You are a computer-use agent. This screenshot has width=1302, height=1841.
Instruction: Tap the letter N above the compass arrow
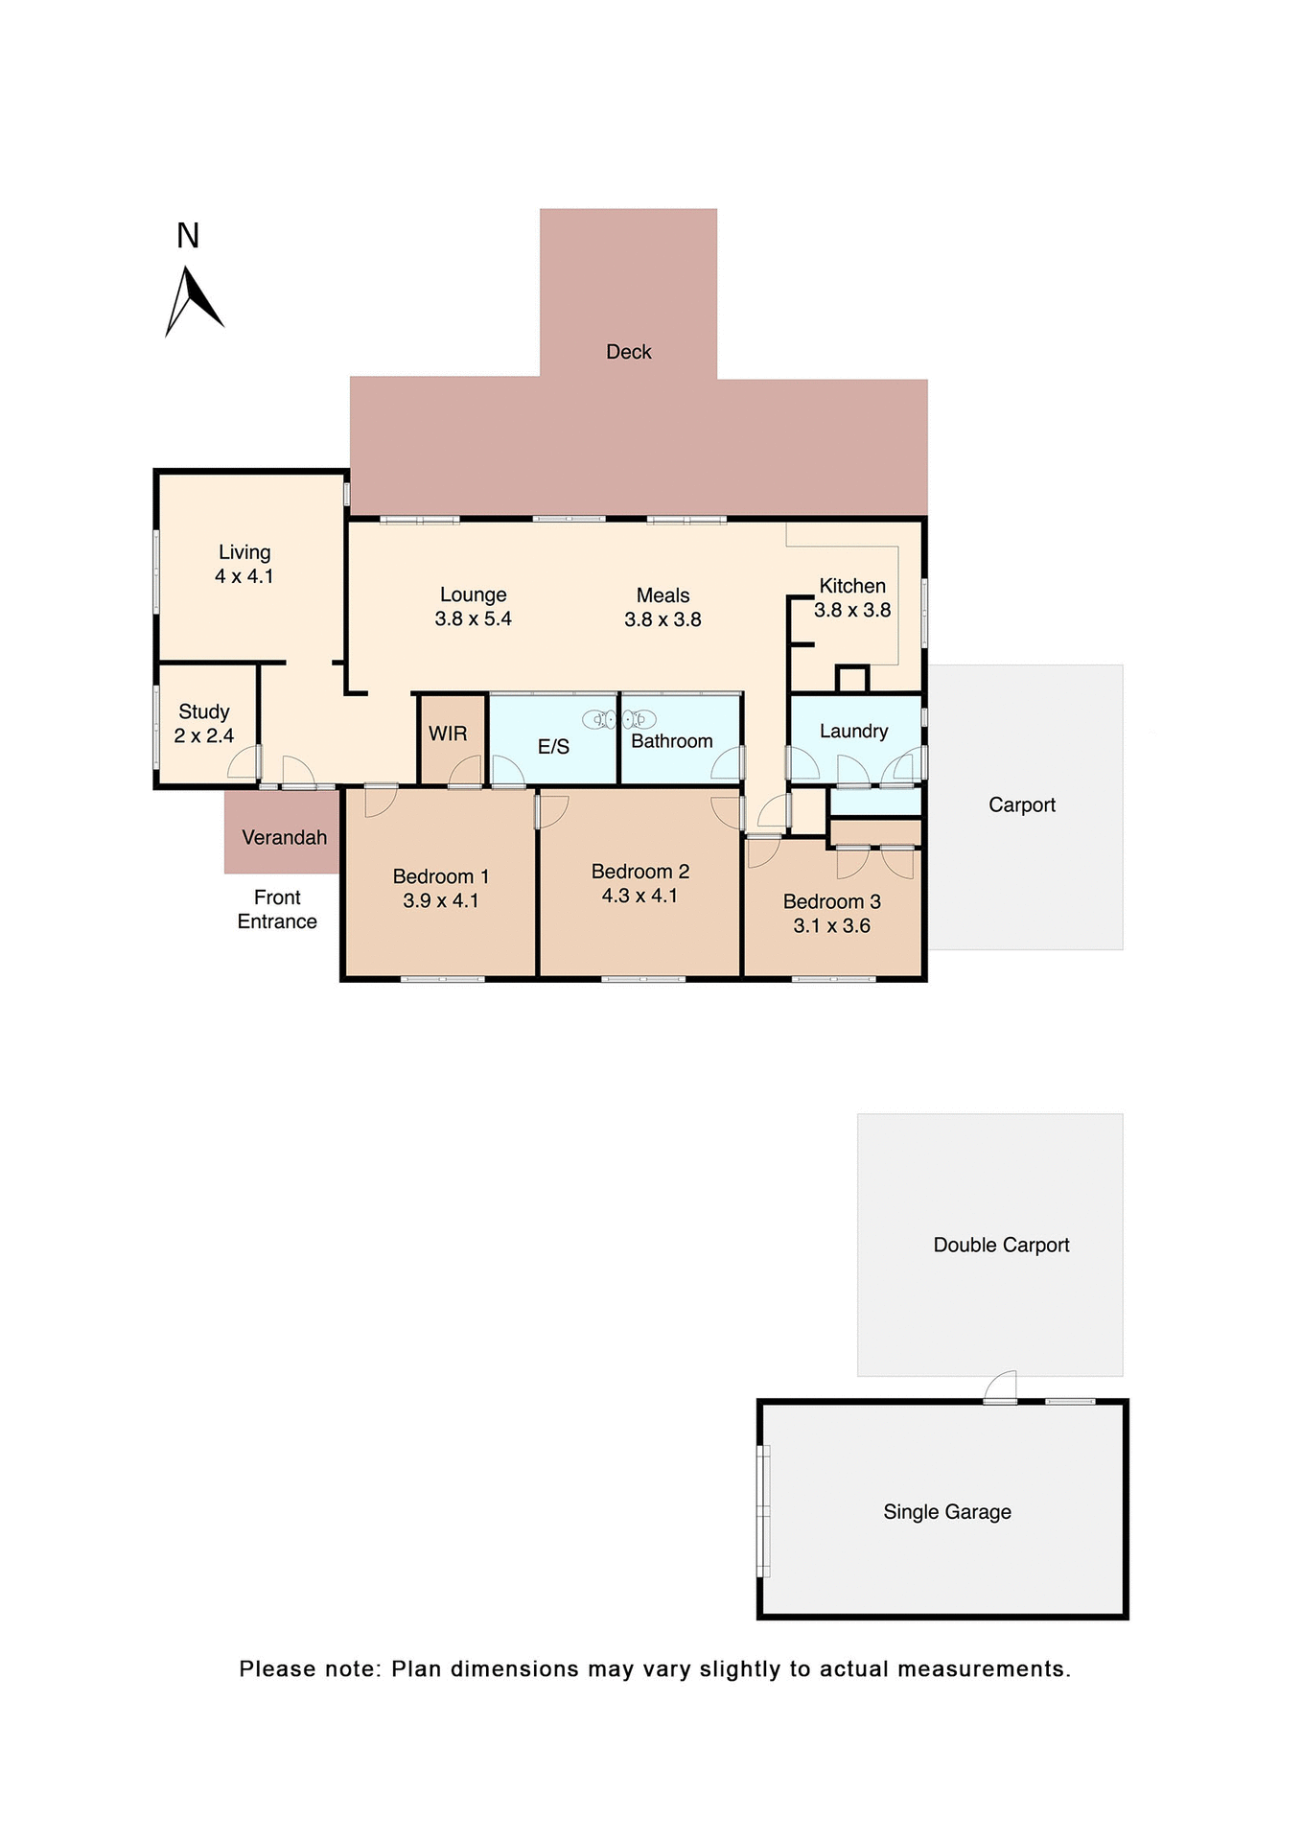point(188,236)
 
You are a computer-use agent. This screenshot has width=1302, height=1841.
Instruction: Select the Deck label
point(628,352)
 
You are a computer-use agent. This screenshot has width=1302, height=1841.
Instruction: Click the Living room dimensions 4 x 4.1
point(244,576)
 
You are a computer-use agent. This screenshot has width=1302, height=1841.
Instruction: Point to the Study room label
point(203,711)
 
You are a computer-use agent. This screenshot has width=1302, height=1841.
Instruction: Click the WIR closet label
point(448,734)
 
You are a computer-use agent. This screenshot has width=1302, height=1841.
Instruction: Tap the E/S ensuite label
point(553,747)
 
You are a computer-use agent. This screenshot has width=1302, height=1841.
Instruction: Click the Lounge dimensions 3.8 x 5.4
point(473,618)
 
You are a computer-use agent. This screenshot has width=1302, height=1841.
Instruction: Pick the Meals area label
point(663,595)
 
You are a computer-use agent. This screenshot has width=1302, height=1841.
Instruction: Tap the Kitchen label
point(851,586)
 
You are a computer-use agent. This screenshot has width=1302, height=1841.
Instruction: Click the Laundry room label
point(853,731)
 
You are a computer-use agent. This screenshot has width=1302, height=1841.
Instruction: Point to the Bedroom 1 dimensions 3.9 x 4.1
point(440,900)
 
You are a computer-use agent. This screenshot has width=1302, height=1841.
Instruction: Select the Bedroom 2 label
point(639,872)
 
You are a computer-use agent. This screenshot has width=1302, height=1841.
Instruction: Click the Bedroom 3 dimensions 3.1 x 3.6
point(831,925)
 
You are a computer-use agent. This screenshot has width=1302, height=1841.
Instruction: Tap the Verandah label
point(284,837)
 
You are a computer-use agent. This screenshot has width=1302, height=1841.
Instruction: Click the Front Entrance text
point(277,909)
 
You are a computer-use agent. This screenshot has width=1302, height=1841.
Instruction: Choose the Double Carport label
point(1001,1245)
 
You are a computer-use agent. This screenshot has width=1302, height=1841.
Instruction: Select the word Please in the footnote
point(275,1668)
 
